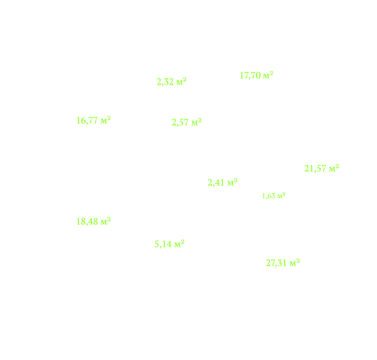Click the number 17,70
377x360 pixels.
(250, 76)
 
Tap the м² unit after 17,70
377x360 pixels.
(268, 75)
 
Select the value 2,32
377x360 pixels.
(165, 82)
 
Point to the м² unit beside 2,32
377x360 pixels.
(181, 82)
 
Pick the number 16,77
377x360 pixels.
(87, 120)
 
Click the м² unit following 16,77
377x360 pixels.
(106, 120)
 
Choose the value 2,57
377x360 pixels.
(180, 122)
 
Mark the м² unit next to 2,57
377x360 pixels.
(197, 122)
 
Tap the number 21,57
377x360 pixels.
(315, 169)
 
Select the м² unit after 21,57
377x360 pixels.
(334, 168)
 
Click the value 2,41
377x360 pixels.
(216, 183)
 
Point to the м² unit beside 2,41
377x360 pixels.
(233, 183)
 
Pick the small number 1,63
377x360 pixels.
(269, 196)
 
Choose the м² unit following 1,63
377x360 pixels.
(281, 196)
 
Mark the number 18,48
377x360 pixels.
(87, 222)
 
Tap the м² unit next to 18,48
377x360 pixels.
(106, 221)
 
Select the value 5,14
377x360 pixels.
(163, 244)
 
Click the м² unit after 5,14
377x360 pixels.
(180, 244)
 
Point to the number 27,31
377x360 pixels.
(277, 263)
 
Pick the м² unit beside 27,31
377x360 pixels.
(295, 262)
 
